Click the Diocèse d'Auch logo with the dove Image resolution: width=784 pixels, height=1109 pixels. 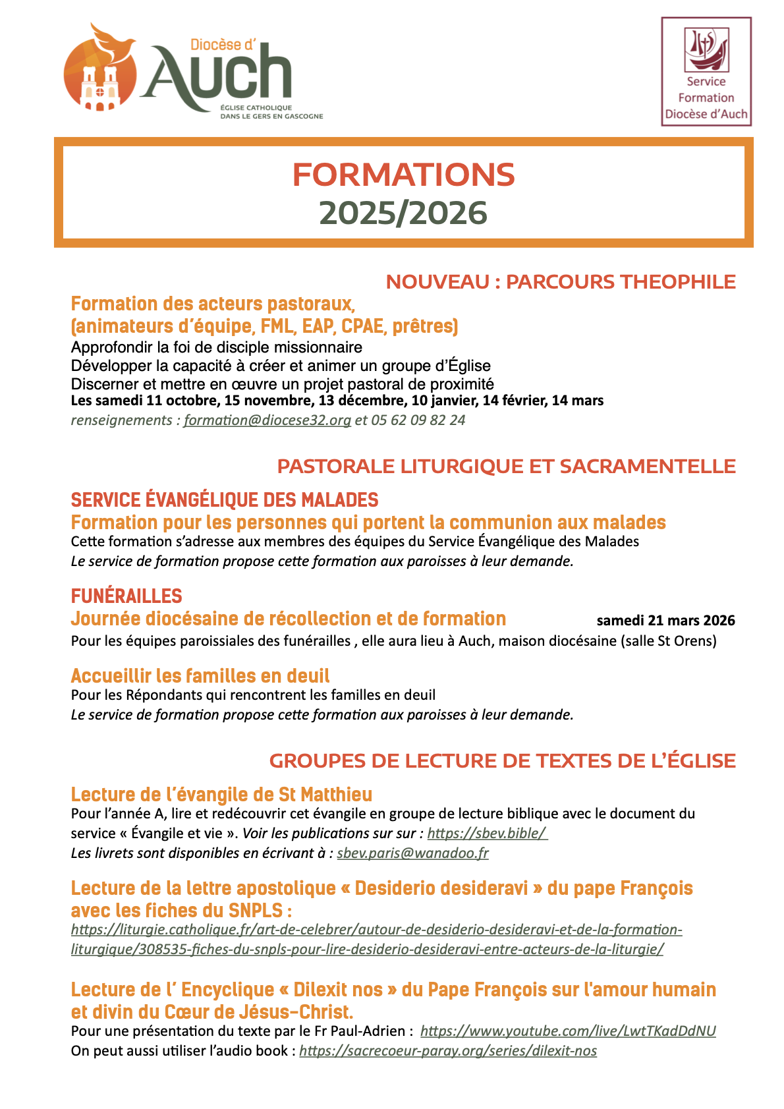(x=191, y=72)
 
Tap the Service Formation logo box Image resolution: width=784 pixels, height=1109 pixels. (x=706, y=71)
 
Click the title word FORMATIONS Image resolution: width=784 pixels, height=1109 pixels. (x=403, y=175)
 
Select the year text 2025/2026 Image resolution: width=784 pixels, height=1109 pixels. (x=403, y=213)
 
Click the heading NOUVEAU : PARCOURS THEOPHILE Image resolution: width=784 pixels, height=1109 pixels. (x=560, y=282)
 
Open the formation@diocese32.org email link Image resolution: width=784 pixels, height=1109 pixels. (x=267, y=420)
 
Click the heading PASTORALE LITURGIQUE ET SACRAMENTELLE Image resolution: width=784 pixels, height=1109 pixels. (x=506, y=467)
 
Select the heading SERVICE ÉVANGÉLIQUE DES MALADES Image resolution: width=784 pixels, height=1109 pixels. (x=225, y=500)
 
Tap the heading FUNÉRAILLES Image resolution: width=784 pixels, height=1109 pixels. (x=126, y=596)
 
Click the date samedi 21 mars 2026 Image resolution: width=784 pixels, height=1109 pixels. (x=665, y=621)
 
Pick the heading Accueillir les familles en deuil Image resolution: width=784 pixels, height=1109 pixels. (x=200, y=676)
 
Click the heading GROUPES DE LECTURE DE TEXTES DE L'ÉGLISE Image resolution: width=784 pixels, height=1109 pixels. (x=502, y=761)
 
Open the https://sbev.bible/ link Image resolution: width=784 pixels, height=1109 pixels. (x=487, y=834)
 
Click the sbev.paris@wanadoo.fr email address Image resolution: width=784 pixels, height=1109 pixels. (x=412, y=853)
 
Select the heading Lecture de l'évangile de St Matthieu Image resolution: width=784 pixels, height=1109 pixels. (x=221, y=795)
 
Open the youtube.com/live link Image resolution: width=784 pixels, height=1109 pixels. (x=568, y=1031)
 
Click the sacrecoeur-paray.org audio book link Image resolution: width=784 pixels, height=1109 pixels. (x=448, y=1051)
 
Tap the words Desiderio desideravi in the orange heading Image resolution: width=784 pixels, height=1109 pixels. (x=441, y=888)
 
